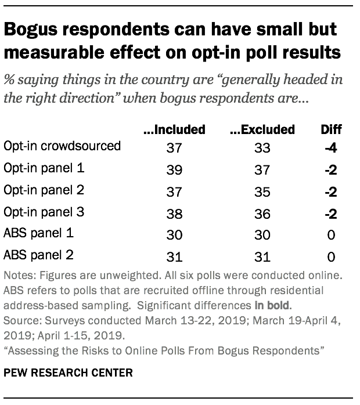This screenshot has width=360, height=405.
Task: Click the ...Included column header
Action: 174,129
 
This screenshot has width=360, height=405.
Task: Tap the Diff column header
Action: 332,129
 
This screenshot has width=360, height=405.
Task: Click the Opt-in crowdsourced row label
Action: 62,145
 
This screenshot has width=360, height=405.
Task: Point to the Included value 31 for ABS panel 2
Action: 174,256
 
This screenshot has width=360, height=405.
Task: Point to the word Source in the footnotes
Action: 21,320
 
